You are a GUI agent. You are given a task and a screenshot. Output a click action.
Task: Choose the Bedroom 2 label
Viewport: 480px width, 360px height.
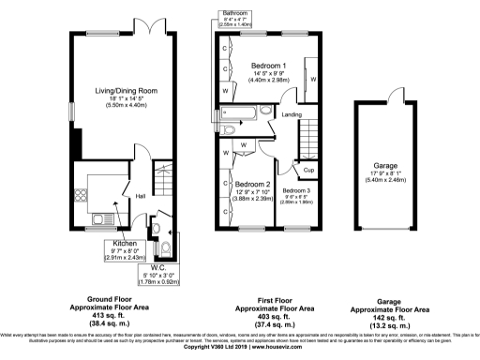pos(252,184)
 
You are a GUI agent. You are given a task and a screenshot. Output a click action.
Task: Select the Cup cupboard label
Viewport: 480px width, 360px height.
pos(308,170)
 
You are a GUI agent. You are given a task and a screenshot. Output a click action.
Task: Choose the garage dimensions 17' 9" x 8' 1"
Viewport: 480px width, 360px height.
pos(386,173)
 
